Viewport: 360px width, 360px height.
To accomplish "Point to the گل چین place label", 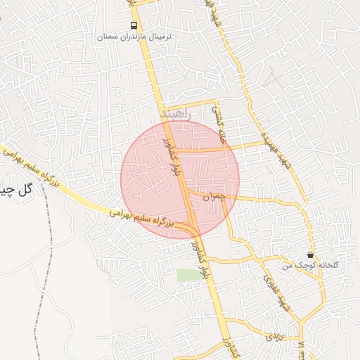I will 16,190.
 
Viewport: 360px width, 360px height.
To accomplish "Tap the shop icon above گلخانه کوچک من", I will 311,255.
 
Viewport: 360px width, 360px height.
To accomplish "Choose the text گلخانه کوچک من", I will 310,265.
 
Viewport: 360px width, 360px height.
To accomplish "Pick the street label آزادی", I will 273,337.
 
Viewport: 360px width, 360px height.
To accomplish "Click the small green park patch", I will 188,275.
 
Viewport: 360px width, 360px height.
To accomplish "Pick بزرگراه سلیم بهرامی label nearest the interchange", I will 141,220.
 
